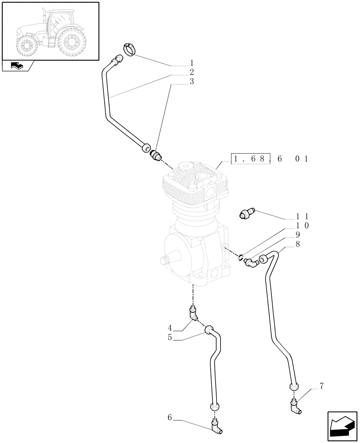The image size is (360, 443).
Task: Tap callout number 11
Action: point(302,216)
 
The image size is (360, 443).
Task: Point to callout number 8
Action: point(297,244)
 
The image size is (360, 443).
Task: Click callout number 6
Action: point(170,417)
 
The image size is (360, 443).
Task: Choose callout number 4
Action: point(170,328)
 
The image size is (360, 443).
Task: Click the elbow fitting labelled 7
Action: point(296,406)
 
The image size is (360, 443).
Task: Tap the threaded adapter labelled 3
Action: point(156,155)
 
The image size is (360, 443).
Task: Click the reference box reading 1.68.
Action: point(250,159)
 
